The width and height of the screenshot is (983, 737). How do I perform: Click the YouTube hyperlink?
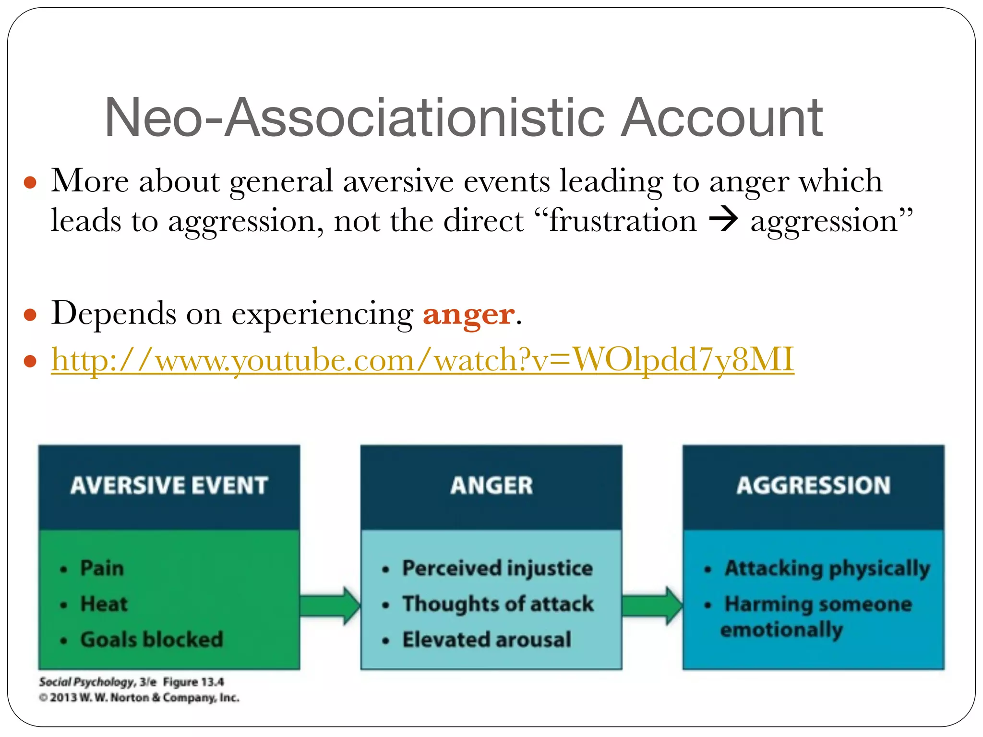coord(422,360)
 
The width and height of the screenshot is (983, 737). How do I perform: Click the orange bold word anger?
coord(468,315)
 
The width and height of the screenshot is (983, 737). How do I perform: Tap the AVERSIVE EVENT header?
coord(169,486)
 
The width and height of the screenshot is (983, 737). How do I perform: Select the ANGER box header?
coord(491,486)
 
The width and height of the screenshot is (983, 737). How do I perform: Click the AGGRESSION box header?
coord(814,486)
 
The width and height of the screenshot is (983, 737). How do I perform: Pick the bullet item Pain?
coord(102,568)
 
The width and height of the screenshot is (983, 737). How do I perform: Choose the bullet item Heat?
coord(104,604)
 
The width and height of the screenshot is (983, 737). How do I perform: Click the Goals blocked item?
coord(151,640)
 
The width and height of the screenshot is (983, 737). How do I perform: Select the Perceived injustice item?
coord(497,568)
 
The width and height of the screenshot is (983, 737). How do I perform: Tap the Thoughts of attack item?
coord(498,604)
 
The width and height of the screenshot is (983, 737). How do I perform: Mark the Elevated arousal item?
coord(487,640)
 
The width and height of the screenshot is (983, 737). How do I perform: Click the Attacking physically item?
coord(827,569)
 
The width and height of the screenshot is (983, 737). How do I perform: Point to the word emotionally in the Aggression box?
coord(781,630)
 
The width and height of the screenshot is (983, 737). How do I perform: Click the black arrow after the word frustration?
coord(723,221)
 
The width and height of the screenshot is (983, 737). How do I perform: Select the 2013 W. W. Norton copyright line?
coord(139,698)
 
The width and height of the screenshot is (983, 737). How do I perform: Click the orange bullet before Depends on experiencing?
coord(30,315)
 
